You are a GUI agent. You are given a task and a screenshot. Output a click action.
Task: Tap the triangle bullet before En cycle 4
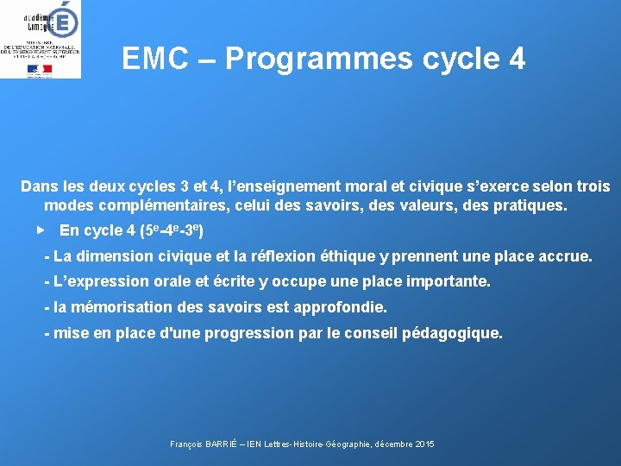click(40, 230)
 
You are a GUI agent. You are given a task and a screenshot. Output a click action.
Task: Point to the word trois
click(590, 186)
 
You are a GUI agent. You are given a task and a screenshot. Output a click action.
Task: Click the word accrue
click(565, 256)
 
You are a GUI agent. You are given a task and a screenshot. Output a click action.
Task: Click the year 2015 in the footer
click(424, 444)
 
